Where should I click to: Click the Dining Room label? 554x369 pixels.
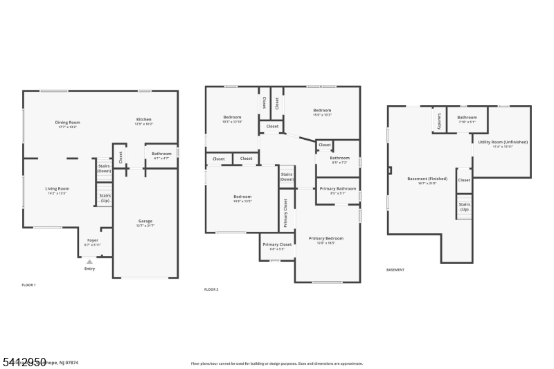click(68, 123)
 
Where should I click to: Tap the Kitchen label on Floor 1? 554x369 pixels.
click(143, 120)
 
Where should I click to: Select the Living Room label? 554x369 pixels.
click(57, 188)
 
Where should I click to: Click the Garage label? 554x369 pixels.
click(145, 222)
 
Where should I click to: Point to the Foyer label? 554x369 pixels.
click(92, 240)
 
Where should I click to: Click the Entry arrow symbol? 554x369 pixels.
click(89, 262)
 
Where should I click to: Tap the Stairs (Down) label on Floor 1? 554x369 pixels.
click(104, 168)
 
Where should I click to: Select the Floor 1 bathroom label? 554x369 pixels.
click(161, 154)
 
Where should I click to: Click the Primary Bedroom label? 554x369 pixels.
click(325, 238)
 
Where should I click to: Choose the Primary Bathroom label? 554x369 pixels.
click(338, 188)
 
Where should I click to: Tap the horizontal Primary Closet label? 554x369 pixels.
click(277, 244)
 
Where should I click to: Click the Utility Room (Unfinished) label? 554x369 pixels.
click(503, 142)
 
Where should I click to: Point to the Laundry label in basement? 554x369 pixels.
click(439, 121)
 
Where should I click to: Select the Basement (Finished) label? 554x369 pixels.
click(427, 179)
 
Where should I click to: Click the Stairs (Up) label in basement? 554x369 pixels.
click(464, 206)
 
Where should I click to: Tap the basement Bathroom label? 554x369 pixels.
click(467, 118)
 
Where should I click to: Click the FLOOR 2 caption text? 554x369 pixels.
click(211, 289)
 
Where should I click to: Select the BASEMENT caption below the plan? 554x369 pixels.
click(395, 269)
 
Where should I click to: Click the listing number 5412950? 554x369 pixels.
click(24, 362)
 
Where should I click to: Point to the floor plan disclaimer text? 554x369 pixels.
click(276, 363)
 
